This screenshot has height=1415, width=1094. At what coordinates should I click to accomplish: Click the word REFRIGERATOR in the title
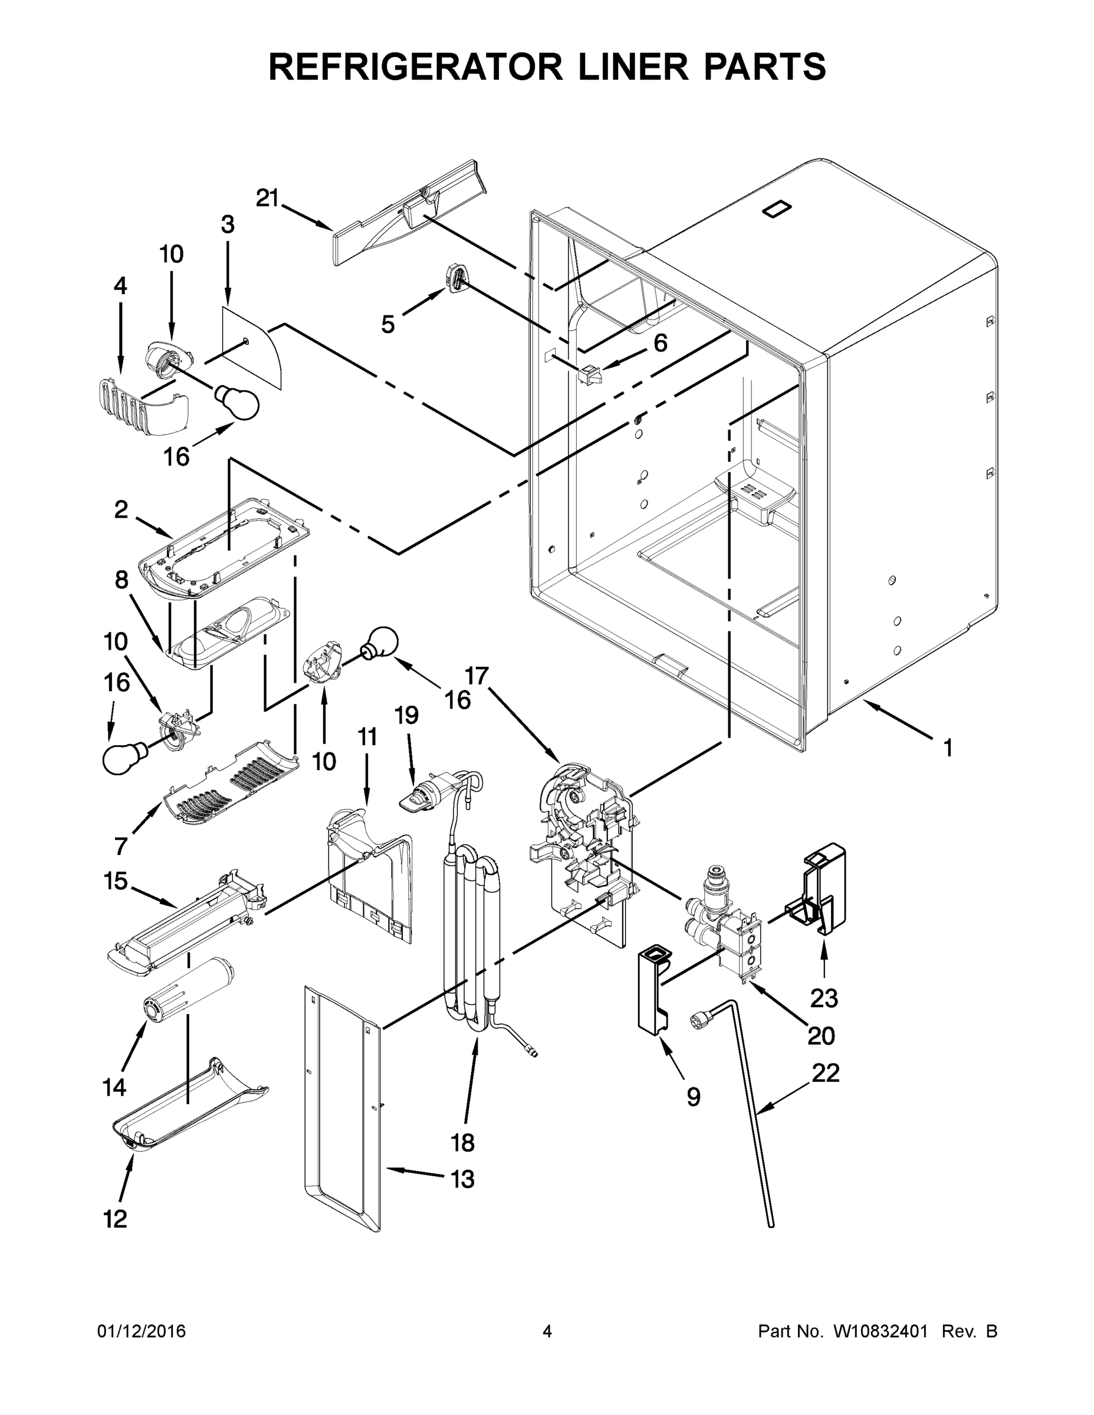click(415, 66)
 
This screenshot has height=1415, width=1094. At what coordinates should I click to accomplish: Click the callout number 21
click(267, 198)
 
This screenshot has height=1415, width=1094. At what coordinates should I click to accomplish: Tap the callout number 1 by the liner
click(948, 748)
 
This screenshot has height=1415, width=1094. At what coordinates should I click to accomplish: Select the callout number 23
click(824, 998)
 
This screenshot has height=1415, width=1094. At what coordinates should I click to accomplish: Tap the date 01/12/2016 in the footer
click(142, 1331)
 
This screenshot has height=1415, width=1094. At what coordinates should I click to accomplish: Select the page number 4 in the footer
click(547, 1331)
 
